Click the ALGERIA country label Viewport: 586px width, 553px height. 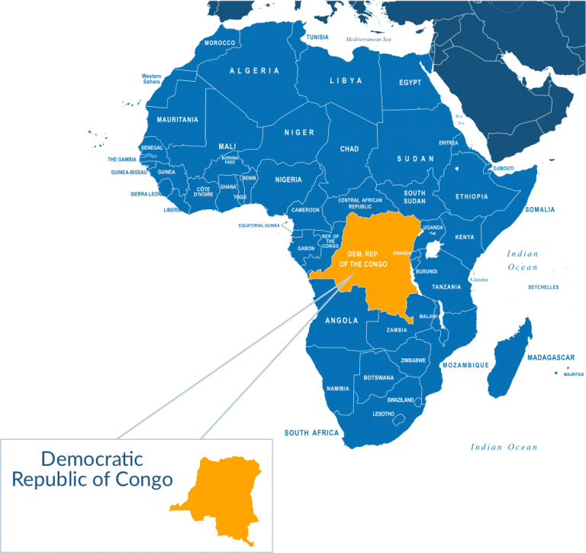(x=254, y=70)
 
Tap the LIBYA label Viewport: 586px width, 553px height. (x=346, y=80)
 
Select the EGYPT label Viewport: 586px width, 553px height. (x=410, y=82)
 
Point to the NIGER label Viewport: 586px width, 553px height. (x=299, y=132)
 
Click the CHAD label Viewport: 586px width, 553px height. (x=349, y=149)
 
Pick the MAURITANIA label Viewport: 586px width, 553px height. (x=177, y=120)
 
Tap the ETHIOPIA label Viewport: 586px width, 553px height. (x=472, y=196)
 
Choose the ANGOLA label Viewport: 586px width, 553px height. (x=341, y=321)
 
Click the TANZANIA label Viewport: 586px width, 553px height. (x=446, y=287)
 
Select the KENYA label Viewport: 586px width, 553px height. (x=465, y=237)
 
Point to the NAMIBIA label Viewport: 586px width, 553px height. (x=337, y=388)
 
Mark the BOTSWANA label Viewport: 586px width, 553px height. (x=378, y=377)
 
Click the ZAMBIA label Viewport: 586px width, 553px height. (x=397, y=330)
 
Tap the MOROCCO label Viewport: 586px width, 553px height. (x=220, y=43)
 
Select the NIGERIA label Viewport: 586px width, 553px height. (x=288, y=179)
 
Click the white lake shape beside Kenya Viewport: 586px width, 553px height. (x=434, y=250)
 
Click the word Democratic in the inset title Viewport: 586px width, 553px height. (x=92, y=459)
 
